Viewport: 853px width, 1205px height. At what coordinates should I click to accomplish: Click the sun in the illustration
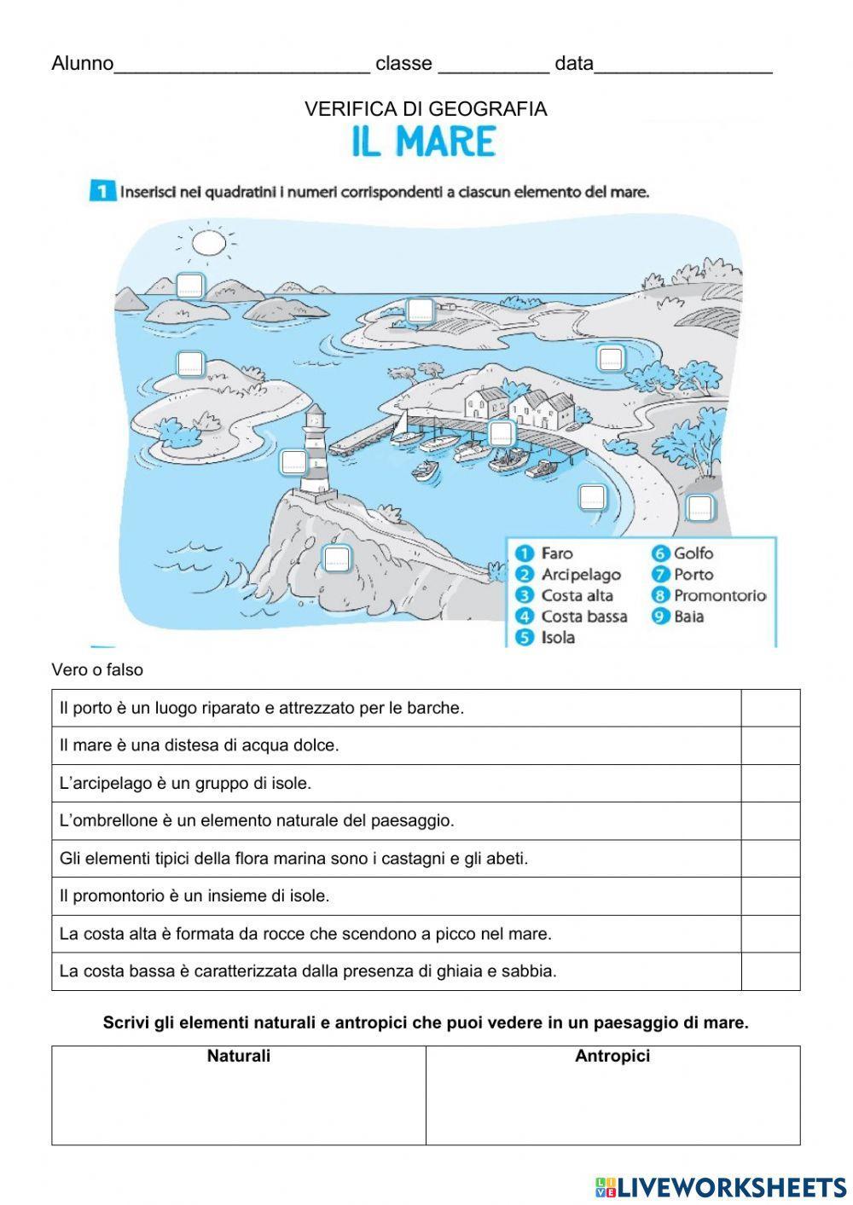(207, 244)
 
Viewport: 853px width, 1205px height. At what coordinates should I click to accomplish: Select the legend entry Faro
(556, 553)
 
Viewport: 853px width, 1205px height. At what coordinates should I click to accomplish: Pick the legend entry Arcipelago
(580, 575)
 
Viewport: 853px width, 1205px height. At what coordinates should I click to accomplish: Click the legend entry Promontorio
(719, 595)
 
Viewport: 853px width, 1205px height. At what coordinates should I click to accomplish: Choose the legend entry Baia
(688, 617)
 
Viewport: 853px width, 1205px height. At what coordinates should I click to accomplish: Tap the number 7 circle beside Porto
(660, 575)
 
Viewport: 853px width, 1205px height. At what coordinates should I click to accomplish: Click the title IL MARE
(424, 142)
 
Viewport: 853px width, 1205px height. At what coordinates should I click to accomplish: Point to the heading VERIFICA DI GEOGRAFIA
(426, 109)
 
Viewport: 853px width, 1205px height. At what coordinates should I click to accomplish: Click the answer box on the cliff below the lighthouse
(337, 559)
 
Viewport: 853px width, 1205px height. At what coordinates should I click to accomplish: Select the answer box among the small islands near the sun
(189, 284)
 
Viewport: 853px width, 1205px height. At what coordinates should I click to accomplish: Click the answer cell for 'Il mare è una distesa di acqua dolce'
(770, 745)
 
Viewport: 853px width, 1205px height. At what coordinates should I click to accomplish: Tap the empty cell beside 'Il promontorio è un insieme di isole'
(770, 896)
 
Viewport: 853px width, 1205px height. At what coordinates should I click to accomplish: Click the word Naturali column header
(239, 1056)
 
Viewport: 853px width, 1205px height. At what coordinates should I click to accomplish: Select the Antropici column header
(612, 1056)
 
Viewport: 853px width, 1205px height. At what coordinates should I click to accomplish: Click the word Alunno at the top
(82, 64)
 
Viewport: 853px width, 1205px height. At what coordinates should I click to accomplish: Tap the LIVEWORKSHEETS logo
(721, 1186)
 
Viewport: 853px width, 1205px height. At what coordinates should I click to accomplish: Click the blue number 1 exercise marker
(102, 192)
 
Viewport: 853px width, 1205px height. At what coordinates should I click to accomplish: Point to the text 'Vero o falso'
(97, 670)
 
